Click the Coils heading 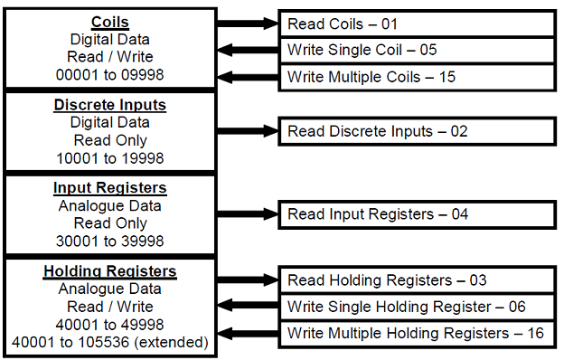pyautogui.click(x=109, y=22)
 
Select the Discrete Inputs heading pyautogui.click(x=109, y=105)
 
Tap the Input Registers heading pyautogui.click(x=109, y=188)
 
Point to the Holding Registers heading pyautogui.click(x=109, y=271)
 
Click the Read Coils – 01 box pyautogui.click(x=416, y=24)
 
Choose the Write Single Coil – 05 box pyautogui.click(x=416, y=50)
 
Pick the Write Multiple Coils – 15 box pyautogui.click(x=416, y=76)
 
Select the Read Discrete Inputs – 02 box pyautogui.click(x=416, y=132)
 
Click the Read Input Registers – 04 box pyautogui.click(x=416, y=214)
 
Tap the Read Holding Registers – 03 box pyautogui.click(x=416, y=280)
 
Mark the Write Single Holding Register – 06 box pyautogui.click(x=416, y=307)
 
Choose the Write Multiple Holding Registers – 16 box pyautogui.click(x=416, y=333)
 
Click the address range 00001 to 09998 pyautogui.click(x=109, y=75)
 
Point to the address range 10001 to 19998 pyautogui.click(x=109, y=158)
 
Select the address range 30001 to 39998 pyautogui.click(x=109, y=242)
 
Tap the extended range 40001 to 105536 pyautogui.click(x=109, y=343)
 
